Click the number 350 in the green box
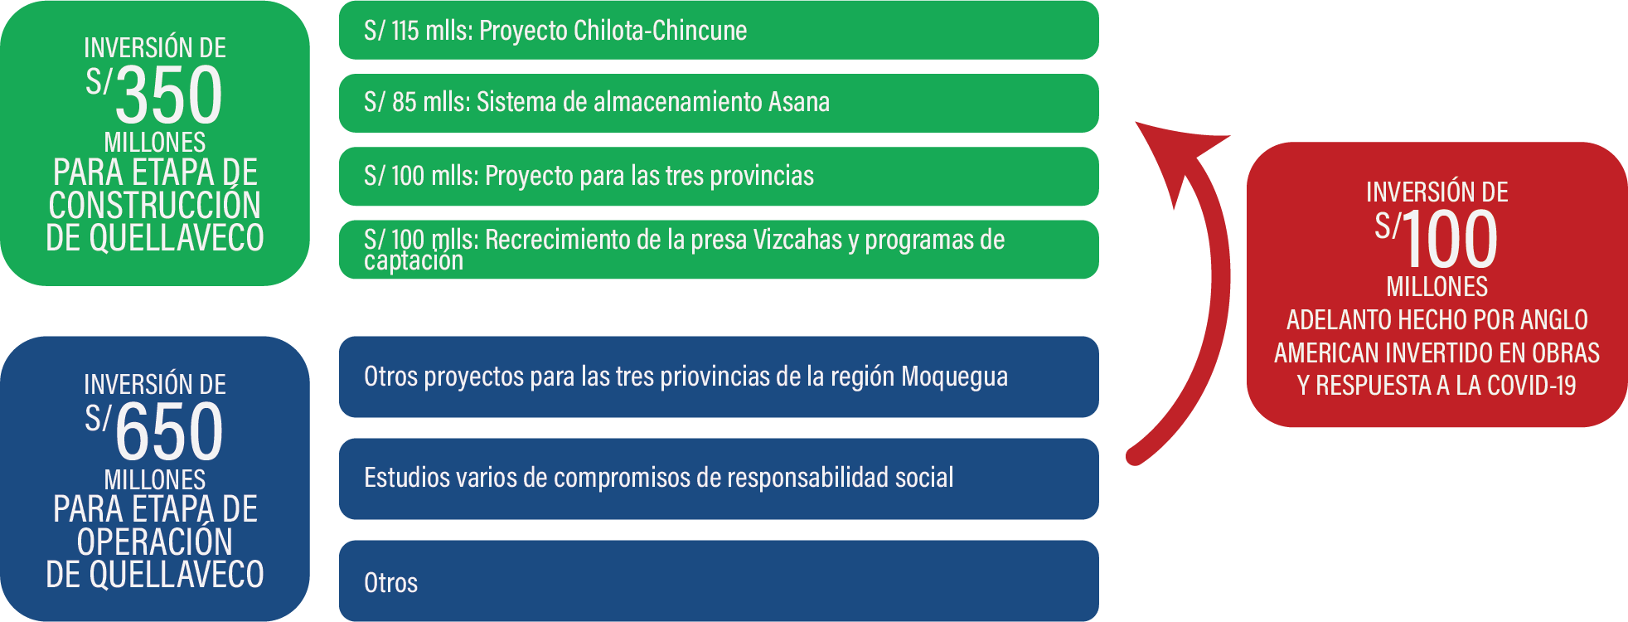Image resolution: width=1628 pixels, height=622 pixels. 169,95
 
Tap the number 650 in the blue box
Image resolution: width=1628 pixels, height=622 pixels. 169,431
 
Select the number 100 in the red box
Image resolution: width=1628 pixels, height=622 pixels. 1451,239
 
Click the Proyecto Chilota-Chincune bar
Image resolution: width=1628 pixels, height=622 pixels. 719,30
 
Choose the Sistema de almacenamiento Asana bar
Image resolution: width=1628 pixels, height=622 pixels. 719,103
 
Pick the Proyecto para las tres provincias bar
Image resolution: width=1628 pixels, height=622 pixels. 719,176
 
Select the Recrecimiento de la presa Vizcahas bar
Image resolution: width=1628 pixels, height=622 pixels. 719,249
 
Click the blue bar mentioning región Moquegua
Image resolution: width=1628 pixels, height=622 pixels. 719,377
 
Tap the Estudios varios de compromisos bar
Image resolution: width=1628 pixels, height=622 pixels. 719,479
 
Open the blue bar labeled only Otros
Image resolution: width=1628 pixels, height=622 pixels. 719,581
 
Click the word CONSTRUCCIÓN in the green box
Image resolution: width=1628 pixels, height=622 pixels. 155,206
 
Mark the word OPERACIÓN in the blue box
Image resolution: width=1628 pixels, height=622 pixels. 155,542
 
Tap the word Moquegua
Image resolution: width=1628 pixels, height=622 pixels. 955,377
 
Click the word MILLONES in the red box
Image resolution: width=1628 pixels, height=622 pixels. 1437,287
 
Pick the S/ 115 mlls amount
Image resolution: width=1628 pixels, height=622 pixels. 417,31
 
